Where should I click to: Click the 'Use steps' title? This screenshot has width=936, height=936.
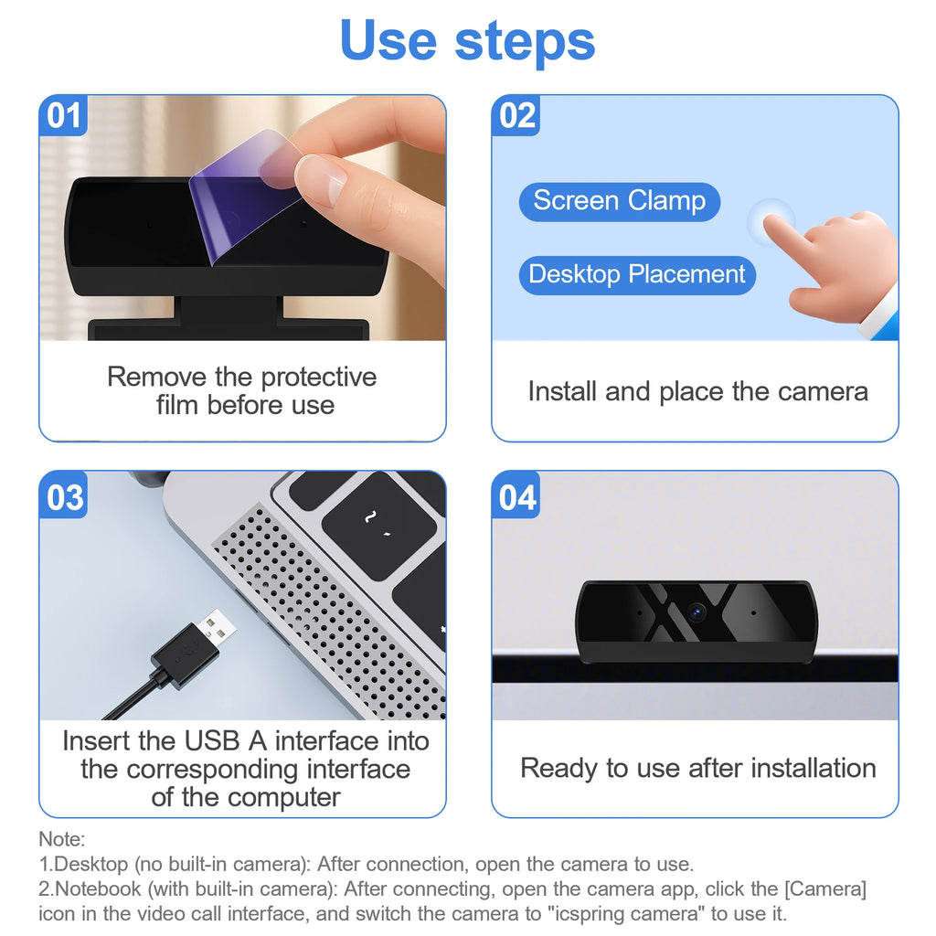point(467,41)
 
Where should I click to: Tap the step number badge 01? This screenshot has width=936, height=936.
point(63,116)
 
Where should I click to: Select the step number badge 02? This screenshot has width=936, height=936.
point(516,116)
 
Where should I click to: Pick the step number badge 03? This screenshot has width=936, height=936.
point(64,497)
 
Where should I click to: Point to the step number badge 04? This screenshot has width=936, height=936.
point(517,497)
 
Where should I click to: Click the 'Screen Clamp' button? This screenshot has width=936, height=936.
point(619,201)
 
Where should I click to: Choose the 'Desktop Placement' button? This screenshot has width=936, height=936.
point(637,274)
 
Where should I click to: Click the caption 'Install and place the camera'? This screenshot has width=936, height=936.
point(697,391)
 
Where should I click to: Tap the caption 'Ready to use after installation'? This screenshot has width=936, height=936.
point(697,768)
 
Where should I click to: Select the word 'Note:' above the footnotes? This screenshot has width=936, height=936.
point(61,838)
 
